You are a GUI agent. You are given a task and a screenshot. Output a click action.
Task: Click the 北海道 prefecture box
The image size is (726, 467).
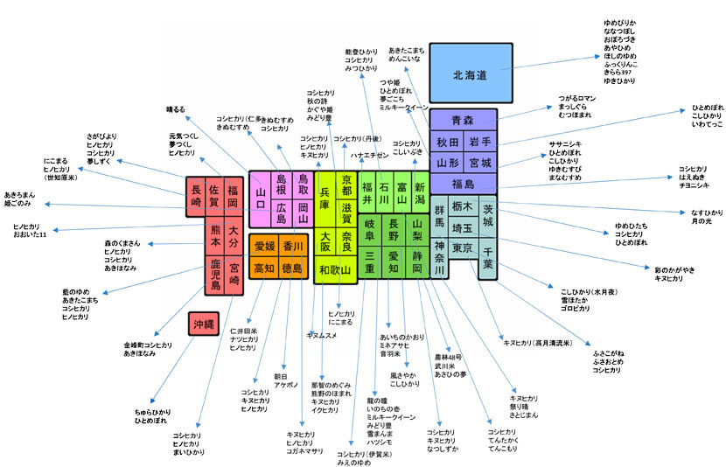click(x=471, y=75)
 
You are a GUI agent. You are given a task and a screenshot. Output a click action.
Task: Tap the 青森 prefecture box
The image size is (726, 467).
click(x=462, y=120)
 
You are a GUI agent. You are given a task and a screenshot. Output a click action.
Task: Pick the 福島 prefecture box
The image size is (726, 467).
click(x=462, y=185)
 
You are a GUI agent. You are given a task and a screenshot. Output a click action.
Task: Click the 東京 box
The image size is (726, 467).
click(x=464, y=248)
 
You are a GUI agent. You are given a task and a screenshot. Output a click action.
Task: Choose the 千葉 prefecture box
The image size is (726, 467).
click(x=488, y=263)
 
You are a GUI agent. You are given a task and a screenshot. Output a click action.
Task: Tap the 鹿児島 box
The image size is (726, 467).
click(x=215, y=273)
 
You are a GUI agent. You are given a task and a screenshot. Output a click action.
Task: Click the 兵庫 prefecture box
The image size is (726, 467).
click(x=325, y=204)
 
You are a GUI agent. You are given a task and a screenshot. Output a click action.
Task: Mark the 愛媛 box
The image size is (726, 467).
click(x=265, y=247)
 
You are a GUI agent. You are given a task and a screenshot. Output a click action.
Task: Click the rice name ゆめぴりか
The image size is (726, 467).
click(x=620, y=20)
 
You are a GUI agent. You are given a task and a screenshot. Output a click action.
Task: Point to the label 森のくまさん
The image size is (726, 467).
click(x=122, y=241)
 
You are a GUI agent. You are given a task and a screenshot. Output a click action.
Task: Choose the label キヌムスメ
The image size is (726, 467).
click(x=322, y=335)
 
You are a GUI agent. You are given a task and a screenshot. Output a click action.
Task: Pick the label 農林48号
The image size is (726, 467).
click(x=450, y=357)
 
